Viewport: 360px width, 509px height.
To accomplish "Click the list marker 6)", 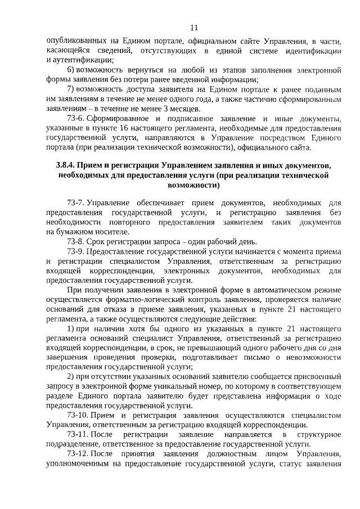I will [x=70, y=70].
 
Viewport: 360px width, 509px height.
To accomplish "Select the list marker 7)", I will [x=70, y=89].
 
